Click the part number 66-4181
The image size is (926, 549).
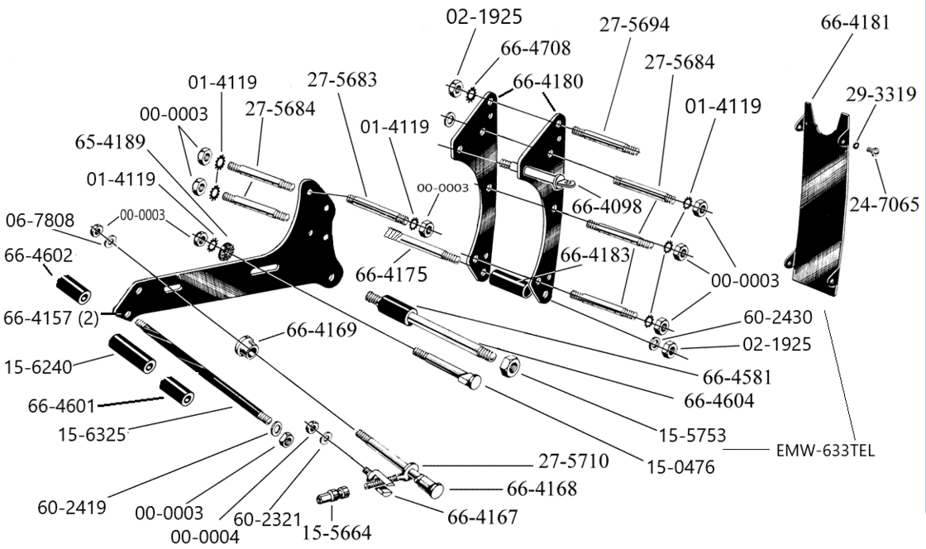click(x=856, y=22)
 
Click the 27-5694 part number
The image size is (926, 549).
click(x=634, y=26)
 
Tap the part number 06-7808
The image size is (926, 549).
click(x=40, y=221)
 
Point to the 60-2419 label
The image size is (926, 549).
click(x=71, y=507)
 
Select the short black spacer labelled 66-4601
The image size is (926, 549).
click(x=177, y=390)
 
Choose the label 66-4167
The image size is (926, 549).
click(x=482, y=518)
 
